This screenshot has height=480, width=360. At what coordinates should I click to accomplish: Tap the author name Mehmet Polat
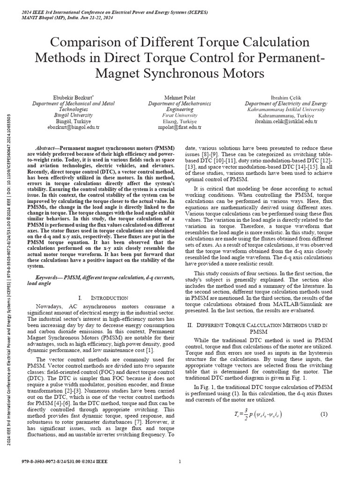coord(180,97)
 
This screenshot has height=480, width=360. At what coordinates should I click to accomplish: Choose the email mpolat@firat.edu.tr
coord(180,127)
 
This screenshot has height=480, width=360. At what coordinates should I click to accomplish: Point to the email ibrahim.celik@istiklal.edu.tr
coord(286,121)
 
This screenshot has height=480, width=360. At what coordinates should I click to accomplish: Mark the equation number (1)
coord(323,414)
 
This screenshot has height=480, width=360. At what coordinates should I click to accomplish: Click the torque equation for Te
coord(258,415)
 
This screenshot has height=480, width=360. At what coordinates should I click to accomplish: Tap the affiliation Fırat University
coord(180,115)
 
